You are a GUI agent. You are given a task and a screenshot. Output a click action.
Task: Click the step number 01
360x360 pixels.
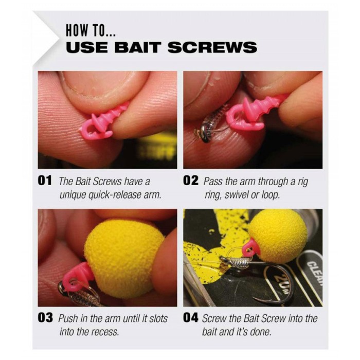[x=45, y=181]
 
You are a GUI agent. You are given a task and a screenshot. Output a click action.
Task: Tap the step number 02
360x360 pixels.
[x=191, y=181]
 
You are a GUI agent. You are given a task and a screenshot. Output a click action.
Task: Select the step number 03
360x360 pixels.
[x=45, y=318]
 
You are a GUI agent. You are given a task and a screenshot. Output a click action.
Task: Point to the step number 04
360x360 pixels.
[x=191, y=318]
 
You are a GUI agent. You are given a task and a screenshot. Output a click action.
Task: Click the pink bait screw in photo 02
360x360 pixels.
[x=253, y=110]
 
